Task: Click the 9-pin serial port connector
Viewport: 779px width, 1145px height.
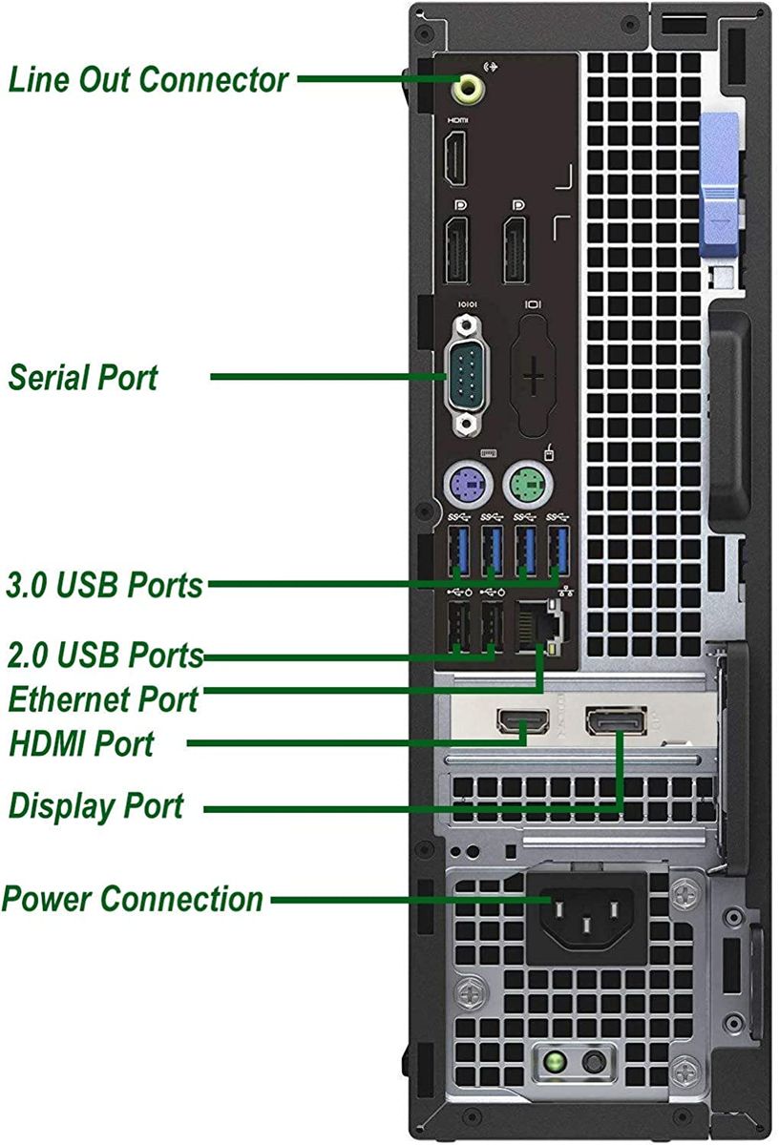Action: tap(467, 376)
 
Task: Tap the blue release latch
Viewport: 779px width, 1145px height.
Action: tap(720, 186)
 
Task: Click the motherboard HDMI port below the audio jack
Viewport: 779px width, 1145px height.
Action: tap(457, 160)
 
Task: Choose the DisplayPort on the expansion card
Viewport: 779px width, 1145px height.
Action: tap(614, 721)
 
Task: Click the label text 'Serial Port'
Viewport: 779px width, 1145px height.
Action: tap(83, 377)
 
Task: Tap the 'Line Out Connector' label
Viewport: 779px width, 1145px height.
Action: tap(148, 79)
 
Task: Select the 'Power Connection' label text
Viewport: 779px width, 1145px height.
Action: tap(133, 899)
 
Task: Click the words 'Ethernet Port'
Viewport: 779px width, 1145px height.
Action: tap(103, 699)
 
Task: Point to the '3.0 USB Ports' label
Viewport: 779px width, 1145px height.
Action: tap(105, 584)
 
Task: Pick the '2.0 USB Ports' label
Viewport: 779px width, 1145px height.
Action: tap(105, 656)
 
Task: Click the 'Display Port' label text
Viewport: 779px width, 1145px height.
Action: tap(95, 806)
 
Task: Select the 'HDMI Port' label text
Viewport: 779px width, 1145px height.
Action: tap(81, 743)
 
